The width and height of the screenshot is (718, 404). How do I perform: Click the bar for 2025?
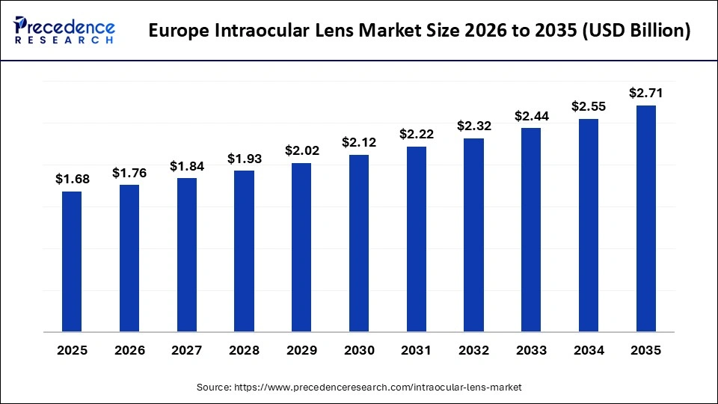pos(72,261)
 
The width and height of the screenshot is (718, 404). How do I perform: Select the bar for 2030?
pos(359,243)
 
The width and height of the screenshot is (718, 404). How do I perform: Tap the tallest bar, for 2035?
pos(646,218)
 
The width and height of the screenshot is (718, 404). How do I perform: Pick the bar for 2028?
pos(244,251)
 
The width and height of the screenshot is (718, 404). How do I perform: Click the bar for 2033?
pos(531,230)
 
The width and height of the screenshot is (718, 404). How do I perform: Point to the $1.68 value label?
pos(72,179)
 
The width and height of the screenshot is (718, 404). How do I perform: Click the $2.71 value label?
pos(646,93)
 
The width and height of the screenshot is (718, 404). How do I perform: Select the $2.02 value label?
pos(301,150)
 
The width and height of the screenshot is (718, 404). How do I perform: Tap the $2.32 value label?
pos(473,126)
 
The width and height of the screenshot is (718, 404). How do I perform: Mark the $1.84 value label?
pos(187,165)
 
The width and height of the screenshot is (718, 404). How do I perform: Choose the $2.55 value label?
pos(589,106)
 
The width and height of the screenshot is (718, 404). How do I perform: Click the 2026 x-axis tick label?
pos(129,350)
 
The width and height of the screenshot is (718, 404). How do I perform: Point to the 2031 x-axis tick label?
pos(417,350)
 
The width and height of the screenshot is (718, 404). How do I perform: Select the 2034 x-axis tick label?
pos(589,350)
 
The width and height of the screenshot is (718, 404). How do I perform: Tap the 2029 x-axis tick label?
pos(301,350)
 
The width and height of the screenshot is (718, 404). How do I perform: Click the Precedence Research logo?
pos(64,30)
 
